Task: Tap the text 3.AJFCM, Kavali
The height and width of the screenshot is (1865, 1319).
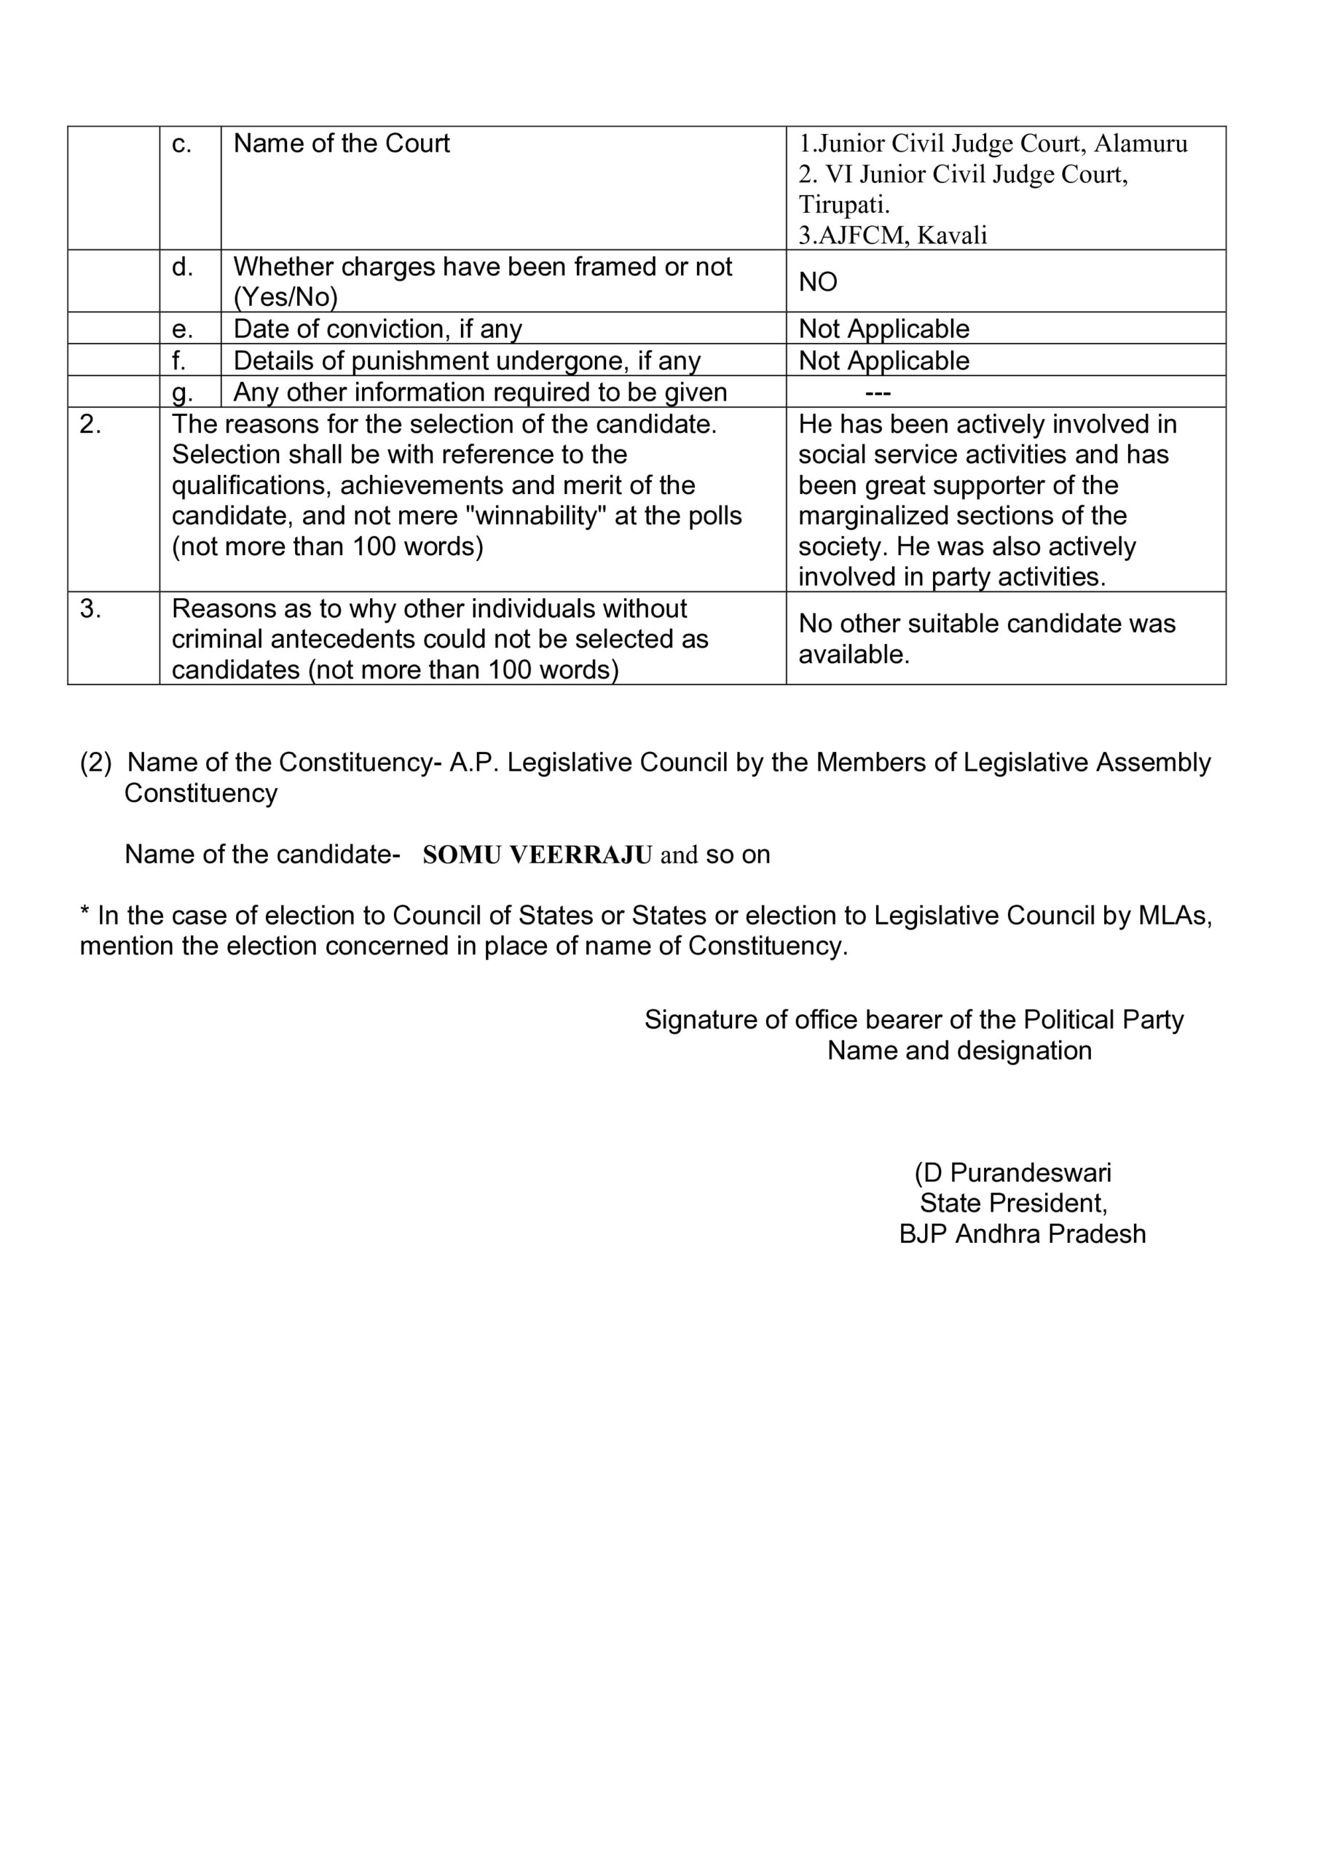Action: point(893,235)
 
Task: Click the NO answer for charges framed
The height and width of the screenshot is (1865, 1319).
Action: point(817,282)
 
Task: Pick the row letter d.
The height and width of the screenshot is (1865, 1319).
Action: point(182,267)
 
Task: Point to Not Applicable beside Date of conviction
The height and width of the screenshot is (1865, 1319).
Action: point(883,329)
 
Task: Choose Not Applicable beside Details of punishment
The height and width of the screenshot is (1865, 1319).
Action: point(883,361)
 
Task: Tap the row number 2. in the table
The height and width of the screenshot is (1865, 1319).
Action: point(90,424)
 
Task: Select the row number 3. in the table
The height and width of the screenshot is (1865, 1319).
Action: point(90,608)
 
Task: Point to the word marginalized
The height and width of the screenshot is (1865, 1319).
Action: point(877,517)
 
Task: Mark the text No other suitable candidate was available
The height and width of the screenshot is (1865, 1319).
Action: point(986,639)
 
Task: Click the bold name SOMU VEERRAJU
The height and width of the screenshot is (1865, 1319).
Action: point(537,855)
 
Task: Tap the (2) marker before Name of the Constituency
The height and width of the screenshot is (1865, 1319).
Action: point(95,763)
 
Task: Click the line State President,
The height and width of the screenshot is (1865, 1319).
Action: point(1013,1203)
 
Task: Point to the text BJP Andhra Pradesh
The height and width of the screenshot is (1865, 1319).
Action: point(1022,1234)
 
